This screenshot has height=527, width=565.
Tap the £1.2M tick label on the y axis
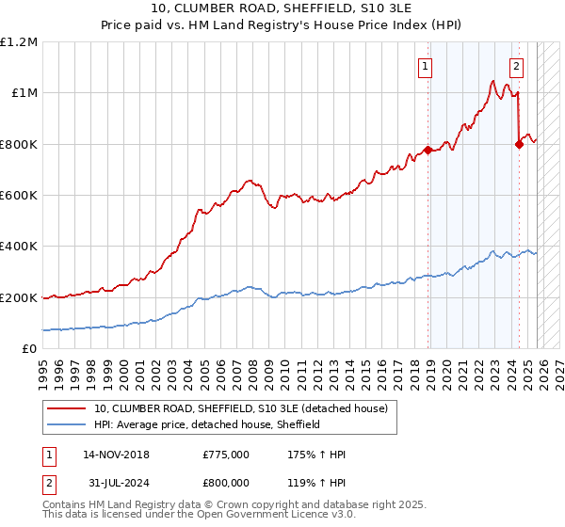(19, 42)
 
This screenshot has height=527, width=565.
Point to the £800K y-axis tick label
(19, 144)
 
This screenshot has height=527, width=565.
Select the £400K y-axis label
(19, 247)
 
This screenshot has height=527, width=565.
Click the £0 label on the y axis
(30, 349)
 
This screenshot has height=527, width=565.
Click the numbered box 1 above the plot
(427, 66)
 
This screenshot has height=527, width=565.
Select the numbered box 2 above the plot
(517, 66)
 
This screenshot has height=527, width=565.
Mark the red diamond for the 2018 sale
(428, 150)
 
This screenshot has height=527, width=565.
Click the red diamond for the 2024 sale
(519, 144)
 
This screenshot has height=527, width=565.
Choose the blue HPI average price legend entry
(207, 424)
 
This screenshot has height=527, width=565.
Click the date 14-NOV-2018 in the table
(116, 455)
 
